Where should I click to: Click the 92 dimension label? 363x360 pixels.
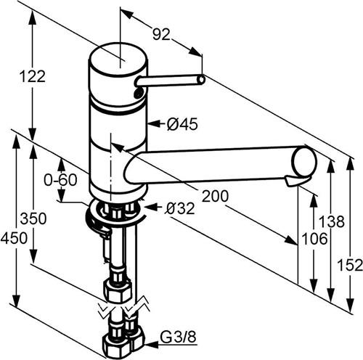pos(161,34)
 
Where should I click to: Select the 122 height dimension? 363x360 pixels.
pos(32,76)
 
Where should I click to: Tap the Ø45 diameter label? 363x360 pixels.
pos(182,124)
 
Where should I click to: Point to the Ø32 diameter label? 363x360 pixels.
pos(179,208)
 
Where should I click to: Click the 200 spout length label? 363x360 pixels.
pos(215,196)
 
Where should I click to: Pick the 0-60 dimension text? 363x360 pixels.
pos(60,180)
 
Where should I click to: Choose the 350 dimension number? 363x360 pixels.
pos(33,218)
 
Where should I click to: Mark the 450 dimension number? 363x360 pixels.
pos(14,238)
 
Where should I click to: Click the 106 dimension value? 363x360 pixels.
pos(314,239)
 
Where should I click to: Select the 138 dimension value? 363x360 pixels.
pos(332,221)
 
